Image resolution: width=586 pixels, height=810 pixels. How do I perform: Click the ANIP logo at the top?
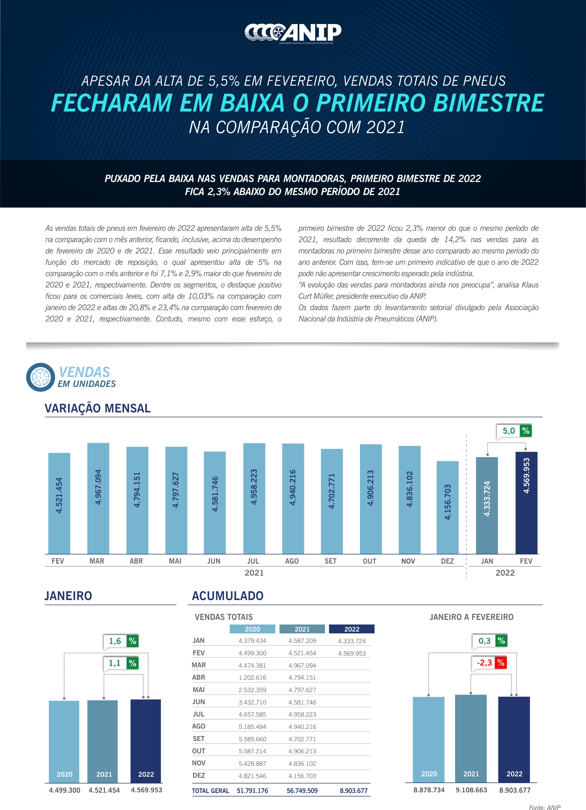293,33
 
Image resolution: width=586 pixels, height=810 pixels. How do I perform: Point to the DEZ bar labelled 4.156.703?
447,507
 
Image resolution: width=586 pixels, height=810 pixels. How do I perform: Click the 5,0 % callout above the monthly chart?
513,431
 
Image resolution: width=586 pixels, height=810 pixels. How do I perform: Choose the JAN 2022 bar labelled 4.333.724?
487,505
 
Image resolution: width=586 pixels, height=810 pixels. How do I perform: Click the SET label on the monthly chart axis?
331,561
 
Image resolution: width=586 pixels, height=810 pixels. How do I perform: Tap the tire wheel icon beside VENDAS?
40,377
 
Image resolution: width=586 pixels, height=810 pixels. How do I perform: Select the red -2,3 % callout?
489,663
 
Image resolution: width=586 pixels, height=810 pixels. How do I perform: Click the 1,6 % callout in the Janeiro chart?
121,641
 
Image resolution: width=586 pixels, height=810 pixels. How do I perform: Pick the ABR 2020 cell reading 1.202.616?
252,678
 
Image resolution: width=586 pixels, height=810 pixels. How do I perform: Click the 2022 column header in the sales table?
351,629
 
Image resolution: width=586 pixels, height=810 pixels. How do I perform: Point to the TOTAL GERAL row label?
210,791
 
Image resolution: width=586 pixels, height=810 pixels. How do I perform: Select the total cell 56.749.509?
302,791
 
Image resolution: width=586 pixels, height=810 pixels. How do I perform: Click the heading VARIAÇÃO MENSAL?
97,408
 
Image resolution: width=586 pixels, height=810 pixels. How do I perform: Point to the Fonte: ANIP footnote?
545,807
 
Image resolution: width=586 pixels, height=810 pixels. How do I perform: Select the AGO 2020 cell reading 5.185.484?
252,727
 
